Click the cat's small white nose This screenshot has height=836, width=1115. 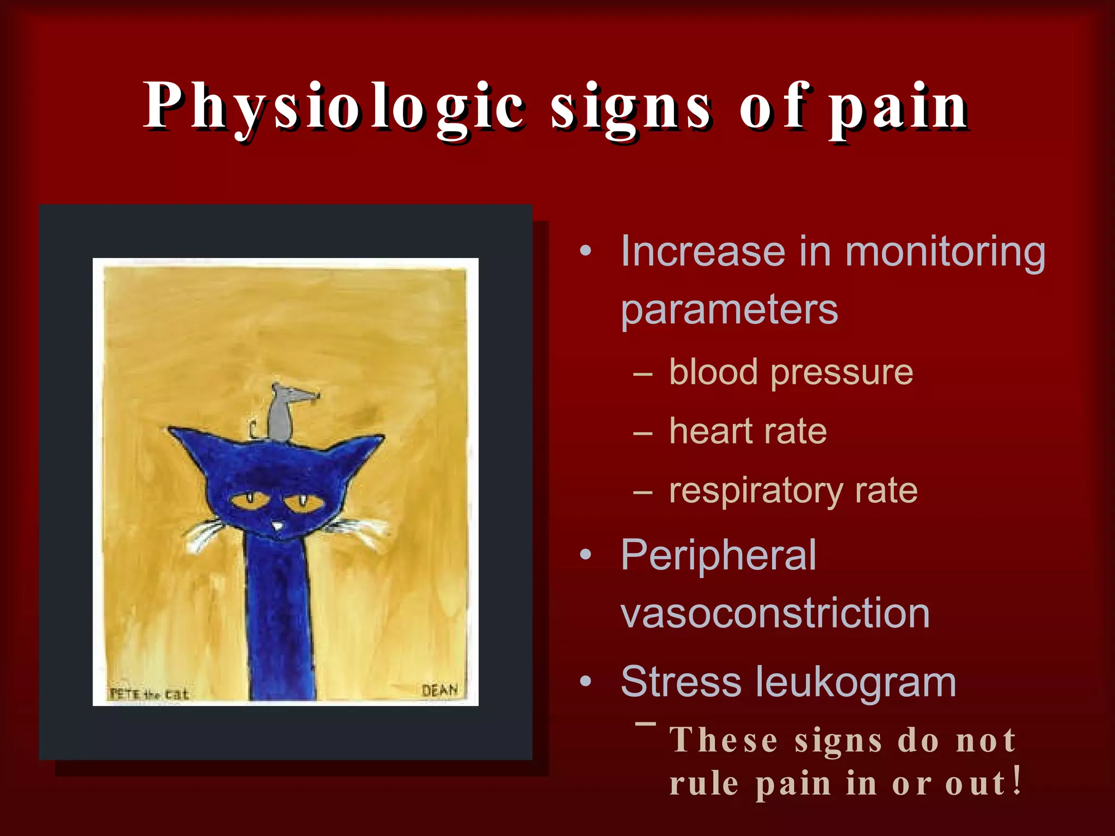pos(278,526)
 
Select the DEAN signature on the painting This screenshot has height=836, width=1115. pos(439,690)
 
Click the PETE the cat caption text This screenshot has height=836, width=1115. pos(149,694)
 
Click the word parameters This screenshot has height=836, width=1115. pos(729,310)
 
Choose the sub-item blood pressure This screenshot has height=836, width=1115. pos(791,372)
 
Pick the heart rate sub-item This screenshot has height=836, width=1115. pos(748,431)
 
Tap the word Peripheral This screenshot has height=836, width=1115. pos(719,555)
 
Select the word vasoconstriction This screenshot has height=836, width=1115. pos(775,613)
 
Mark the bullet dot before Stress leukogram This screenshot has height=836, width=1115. pos(585,681)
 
